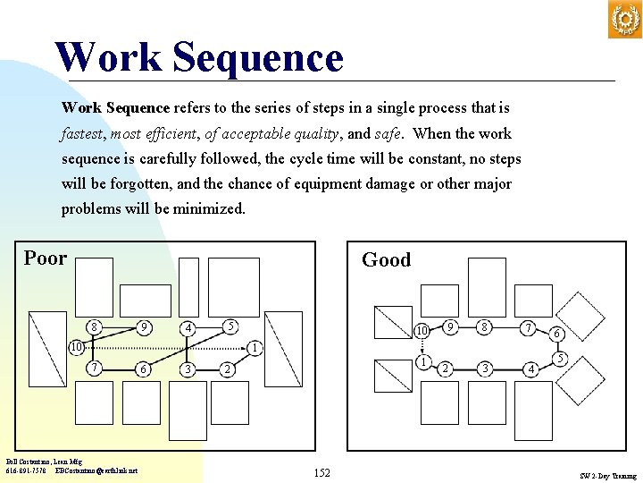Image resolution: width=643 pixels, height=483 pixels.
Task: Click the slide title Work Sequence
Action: click(x=198, y=57)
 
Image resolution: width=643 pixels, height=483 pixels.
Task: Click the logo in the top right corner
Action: click(x=624, y=20)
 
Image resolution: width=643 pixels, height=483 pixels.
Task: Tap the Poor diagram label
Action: click(x=46, y=258)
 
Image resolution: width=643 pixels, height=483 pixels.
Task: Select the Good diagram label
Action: click(x=386, y=260)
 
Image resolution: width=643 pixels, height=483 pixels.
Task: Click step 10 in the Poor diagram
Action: click(x=77, y=346)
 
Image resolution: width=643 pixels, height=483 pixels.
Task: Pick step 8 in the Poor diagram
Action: click(x=95, y=327)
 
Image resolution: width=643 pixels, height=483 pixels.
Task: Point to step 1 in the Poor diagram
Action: click(x=255, y=347)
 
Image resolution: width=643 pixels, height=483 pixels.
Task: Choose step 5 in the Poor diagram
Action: click(x=230, y=326)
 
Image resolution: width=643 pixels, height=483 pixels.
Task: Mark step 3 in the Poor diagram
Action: click(x=186, y=369)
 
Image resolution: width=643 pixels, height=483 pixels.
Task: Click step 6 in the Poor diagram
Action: click(x=142, y=369)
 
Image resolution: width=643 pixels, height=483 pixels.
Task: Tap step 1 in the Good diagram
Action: click(x=425, y=361)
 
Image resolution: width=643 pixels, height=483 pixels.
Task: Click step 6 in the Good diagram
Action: click(x=556, y=334)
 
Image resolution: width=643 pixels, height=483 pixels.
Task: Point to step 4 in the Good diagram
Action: click(x=531, y=369)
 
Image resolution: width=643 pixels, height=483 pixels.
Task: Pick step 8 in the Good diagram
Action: click(x=484, y=327)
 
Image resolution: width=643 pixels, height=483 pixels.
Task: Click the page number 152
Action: click(x=321, y=472)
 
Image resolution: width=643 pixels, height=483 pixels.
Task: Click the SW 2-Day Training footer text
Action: click(x=607, y=476)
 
